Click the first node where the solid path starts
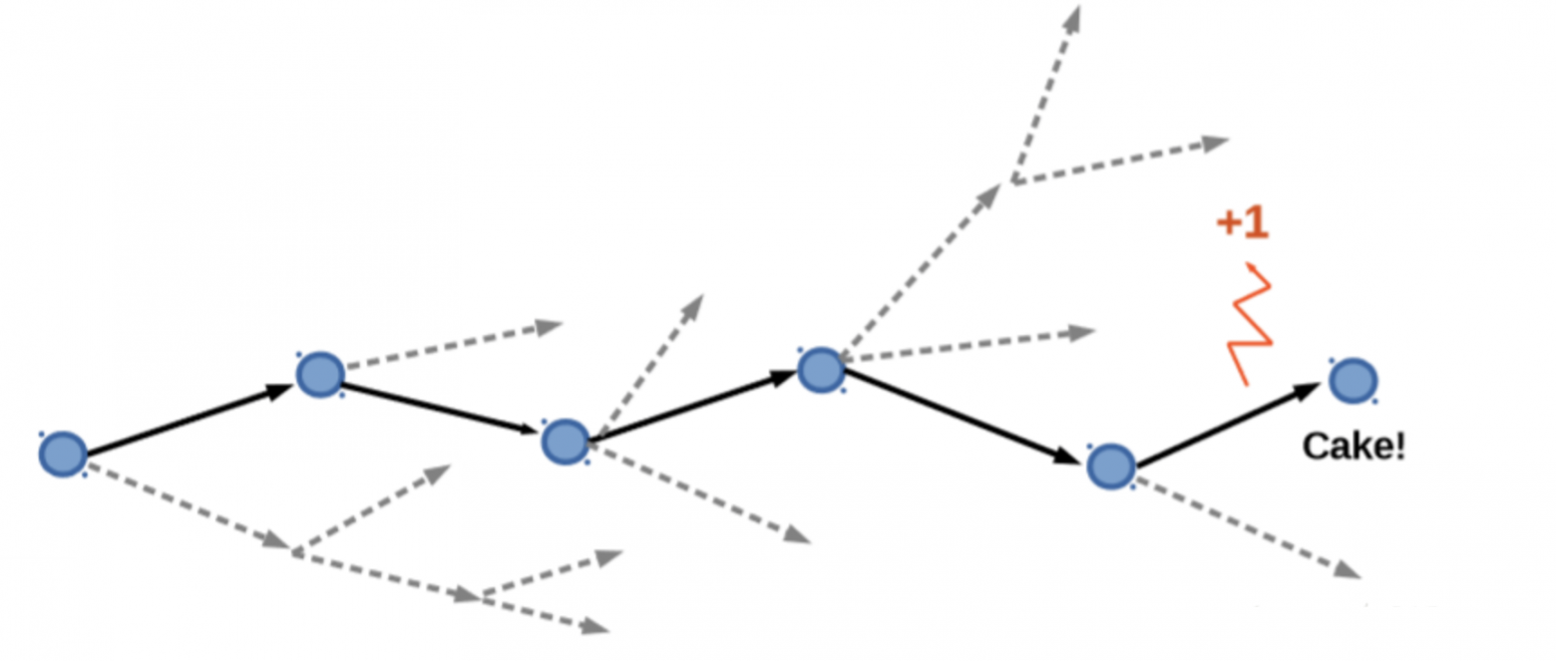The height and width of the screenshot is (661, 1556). (x=62, y=454)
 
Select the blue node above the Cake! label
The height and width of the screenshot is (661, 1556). (x=1353, y=381)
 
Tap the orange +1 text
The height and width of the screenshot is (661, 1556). (x=1242, y=223)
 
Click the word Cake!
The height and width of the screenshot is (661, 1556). (x=1354, y=447)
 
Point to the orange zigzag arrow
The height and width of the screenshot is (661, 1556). (x=1250, y=322)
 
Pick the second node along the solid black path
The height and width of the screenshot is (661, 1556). (x=320, y=374)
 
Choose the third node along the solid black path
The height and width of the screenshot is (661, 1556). (x=565, y=441)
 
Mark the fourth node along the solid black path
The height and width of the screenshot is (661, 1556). (x=821, y=369)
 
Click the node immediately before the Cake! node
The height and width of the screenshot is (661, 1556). (x=1110, y=465)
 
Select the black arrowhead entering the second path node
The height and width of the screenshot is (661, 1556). (x=282, y=390)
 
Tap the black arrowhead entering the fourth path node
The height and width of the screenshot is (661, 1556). (x=784, y=378)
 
